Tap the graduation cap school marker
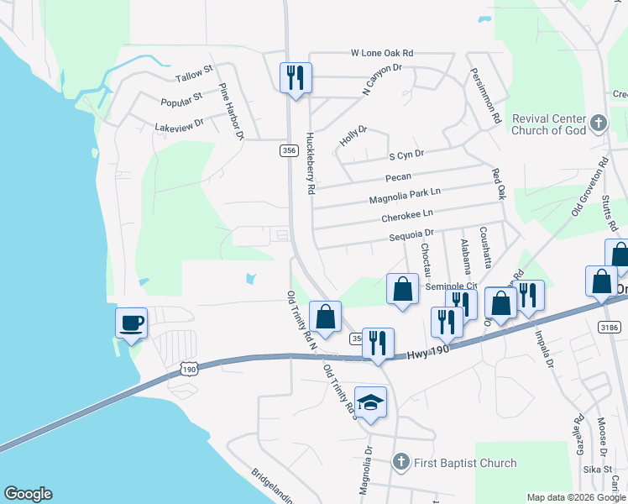tap(370, 403)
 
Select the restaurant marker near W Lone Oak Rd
tap(296, 79)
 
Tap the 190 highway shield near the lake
tap(189, 369)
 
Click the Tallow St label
tap(195, 77)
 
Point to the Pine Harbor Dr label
tap(231, 111)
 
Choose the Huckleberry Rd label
tap(310, 163)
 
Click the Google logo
tap(28, 494)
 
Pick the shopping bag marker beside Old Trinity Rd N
tap(325, 318)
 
